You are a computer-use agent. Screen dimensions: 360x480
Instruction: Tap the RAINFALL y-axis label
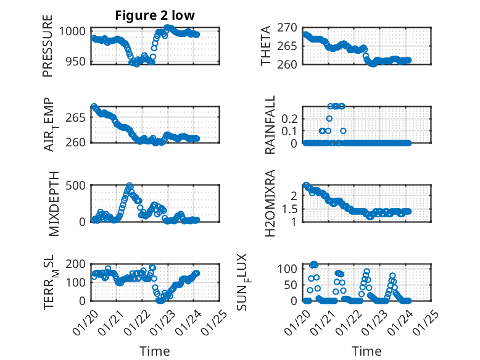270,125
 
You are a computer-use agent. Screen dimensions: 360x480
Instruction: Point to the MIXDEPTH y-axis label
53,204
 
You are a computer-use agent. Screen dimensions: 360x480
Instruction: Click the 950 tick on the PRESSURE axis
78,62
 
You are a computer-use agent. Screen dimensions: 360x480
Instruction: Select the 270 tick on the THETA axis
288,28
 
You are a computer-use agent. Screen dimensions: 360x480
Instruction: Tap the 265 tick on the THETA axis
288,46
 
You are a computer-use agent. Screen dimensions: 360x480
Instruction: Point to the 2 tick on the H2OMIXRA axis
296,196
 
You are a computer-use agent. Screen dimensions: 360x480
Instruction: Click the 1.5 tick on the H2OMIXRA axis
291,209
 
